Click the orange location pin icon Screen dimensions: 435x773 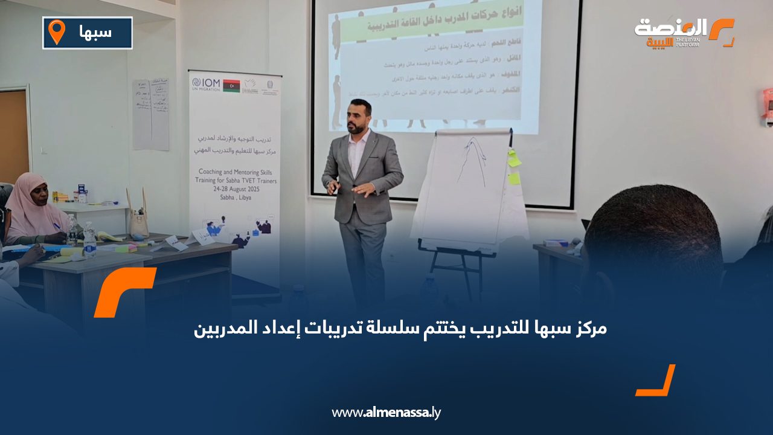tap(56, 32)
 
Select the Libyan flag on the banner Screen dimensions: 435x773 tap(231, 85)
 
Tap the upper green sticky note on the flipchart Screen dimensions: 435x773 tap(514, 160)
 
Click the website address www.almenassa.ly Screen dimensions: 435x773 tap(386, 413)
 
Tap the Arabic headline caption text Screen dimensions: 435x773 tap(400, 329)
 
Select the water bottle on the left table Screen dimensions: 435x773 tap(89, 240)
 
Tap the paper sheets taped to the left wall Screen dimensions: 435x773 tap(151, 114)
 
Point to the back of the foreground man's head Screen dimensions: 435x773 tap(652, 242)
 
